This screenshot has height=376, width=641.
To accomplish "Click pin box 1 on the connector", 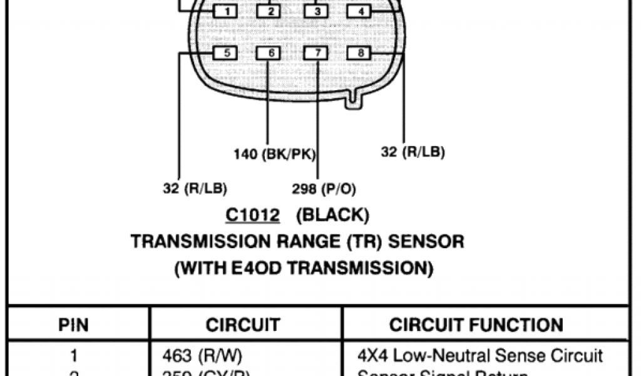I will (x=226, y=11).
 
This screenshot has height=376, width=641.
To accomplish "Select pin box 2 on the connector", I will (x=270, y=11).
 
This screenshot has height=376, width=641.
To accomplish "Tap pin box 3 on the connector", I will (x=317, y=11).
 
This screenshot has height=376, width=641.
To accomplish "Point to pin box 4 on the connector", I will (x=360, y=11).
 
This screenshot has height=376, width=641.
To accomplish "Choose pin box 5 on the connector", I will (x=226, y=53).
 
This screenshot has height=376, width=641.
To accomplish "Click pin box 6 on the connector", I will (x=270, y=53).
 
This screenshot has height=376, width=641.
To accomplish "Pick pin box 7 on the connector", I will (x=317, y=53).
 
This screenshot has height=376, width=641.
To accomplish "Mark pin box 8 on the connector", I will (x=360, y=53).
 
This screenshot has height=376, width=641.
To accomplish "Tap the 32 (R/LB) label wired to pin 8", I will (x=413, y=152).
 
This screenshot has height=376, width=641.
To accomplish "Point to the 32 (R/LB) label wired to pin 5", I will (x=195, y=188).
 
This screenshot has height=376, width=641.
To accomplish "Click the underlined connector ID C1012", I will (x=252, y=216).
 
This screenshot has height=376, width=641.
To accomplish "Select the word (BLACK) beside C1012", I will (x=332, y=216).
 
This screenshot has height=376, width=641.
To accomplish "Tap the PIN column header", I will (x=73, y=325).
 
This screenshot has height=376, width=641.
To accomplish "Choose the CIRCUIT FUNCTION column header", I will (x=476, y=325).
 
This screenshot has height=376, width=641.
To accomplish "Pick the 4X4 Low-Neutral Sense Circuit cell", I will (x=480, y=356).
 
